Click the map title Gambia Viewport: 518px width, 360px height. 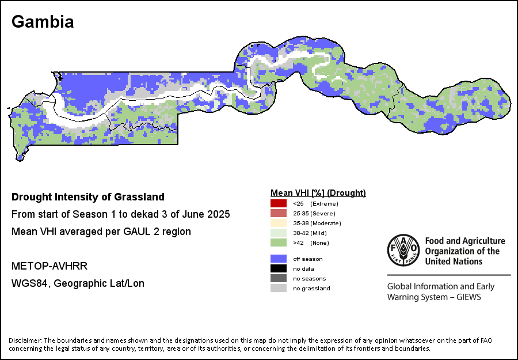click(43, 22)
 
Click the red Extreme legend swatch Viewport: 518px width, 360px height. click(279, 203)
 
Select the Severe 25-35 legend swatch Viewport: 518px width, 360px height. click(279, 213)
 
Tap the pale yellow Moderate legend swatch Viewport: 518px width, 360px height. click(279, 223)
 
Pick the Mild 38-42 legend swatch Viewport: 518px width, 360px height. click(279, 233)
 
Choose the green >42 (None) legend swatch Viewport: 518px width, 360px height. click(279, 242)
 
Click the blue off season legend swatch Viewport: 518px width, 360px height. click(279, 259)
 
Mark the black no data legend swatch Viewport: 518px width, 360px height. click(279, 269)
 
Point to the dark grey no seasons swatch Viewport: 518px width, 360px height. click(279, 278)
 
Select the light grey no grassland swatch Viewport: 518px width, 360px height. click(279, 288)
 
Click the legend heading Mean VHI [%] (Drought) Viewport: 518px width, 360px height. click(318, 193)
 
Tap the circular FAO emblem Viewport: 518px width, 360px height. click(403, 251)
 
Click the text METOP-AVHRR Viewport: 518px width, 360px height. click(49, 266)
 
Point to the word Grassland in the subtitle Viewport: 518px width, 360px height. click(139, 197)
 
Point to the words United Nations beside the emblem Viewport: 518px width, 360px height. click(454, 262)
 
